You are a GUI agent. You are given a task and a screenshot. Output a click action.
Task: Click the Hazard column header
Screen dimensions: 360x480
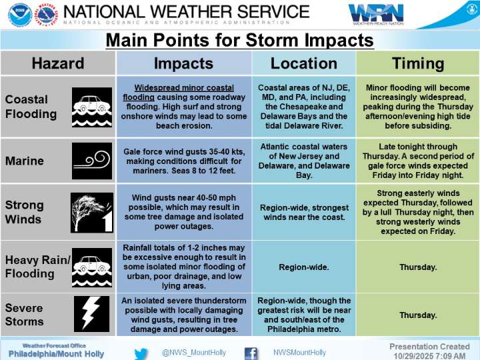click(58, 63)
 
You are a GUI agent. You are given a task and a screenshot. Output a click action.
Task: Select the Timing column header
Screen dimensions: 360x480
click(417, 63)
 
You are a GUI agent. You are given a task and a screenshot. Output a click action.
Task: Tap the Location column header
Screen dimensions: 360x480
click(303, 63)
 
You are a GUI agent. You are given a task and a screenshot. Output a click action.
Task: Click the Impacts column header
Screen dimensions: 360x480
click(183, 63)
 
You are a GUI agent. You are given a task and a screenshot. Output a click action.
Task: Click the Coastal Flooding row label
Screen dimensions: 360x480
click(31, 107)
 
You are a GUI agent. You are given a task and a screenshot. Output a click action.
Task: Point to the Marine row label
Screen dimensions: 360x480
click(24, 161)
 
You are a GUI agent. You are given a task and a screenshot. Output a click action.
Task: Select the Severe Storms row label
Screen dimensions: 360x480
click(24, 315)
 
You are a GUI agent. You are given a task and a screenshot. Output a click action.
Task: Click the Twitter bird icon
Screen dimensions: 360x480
click(141, 353)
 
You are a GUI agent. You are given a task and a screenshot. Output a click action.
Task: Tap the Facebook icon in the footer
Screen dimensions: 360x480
click(251, 353)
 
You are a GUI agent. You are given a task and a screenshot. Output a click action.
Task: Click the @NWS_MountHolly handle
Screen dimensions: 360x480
click(194, 353)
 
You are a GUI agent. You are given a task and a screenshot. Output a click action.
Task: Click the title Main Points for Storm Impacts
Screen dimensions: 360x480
click(240, 40)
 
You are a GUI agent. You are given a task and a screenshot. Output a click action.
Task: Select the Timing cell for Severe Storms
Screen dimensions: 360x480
click(417, 315)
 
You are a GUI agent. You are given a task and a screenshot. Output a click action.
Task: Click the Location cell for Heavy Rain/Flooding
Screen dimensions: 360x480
click(303, 267)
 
